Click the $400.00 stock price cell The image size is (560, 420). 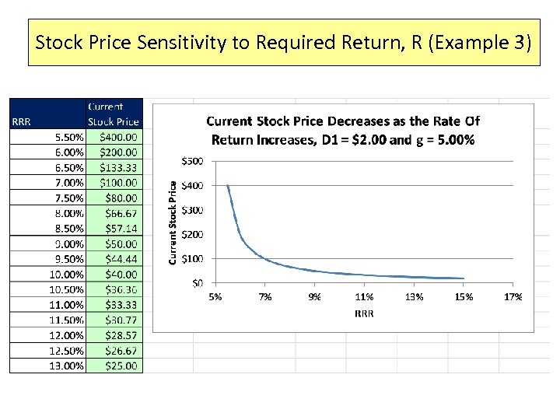pos(120,136)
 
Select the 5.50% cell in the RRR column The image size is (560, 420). pos(68,136)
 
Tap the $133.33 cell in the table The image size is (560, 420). pos(120,167)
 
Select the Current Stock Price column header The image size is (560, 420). pos(114,114)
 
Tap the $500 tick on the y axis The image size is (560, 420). pos(192,161)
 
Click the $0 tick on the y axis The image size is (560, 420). pos(198,283)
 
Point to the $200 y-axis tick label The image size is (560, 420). pos(192,234)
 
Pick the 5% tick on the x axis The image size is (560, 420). pos(215,296)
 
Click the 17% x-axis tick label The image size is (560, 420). pos(513,296)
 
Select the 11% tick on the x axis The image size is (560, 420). pos(364,296)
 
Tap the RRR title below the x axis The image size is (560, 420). pos(363,313)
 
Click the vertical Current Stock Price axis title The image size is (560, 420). pos(173,222)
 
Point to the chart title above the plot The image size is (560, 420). pos(342,131)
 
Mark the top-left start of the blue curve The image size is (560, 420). pos(227,185)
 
